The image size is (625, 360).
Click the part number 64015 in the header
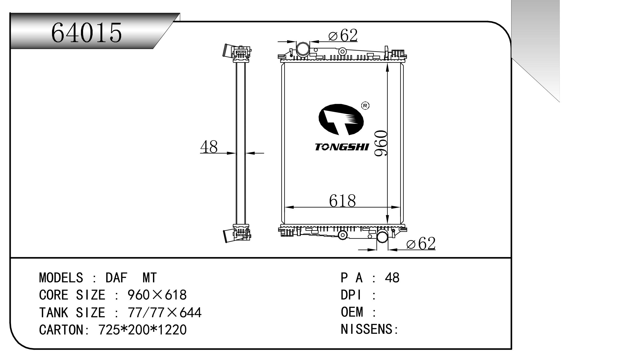point(86,33)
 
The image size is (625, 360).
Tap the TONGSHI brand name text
point(342,147)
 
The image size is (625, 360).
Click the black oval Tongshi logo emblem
point(341,120)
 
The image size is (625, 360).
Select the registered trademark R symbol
point(365,105)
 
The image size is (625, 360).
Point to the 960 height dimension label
point(381,143)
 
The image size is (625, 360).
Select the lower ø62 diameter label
point(421,243)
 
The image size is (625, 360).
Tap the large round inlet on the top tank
point(302,49)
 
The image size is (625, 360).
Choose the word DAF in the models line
point(116,278)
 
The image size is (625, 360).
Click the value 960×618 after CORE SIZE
point(157,295)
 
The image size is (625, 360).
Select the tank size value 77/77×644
point(164,312)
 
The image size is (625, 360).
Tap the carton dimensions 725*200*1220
point(142,330)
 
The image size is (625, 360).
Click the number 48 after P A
point(392,278)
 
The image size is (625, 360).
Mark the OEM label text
point(352,312)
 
